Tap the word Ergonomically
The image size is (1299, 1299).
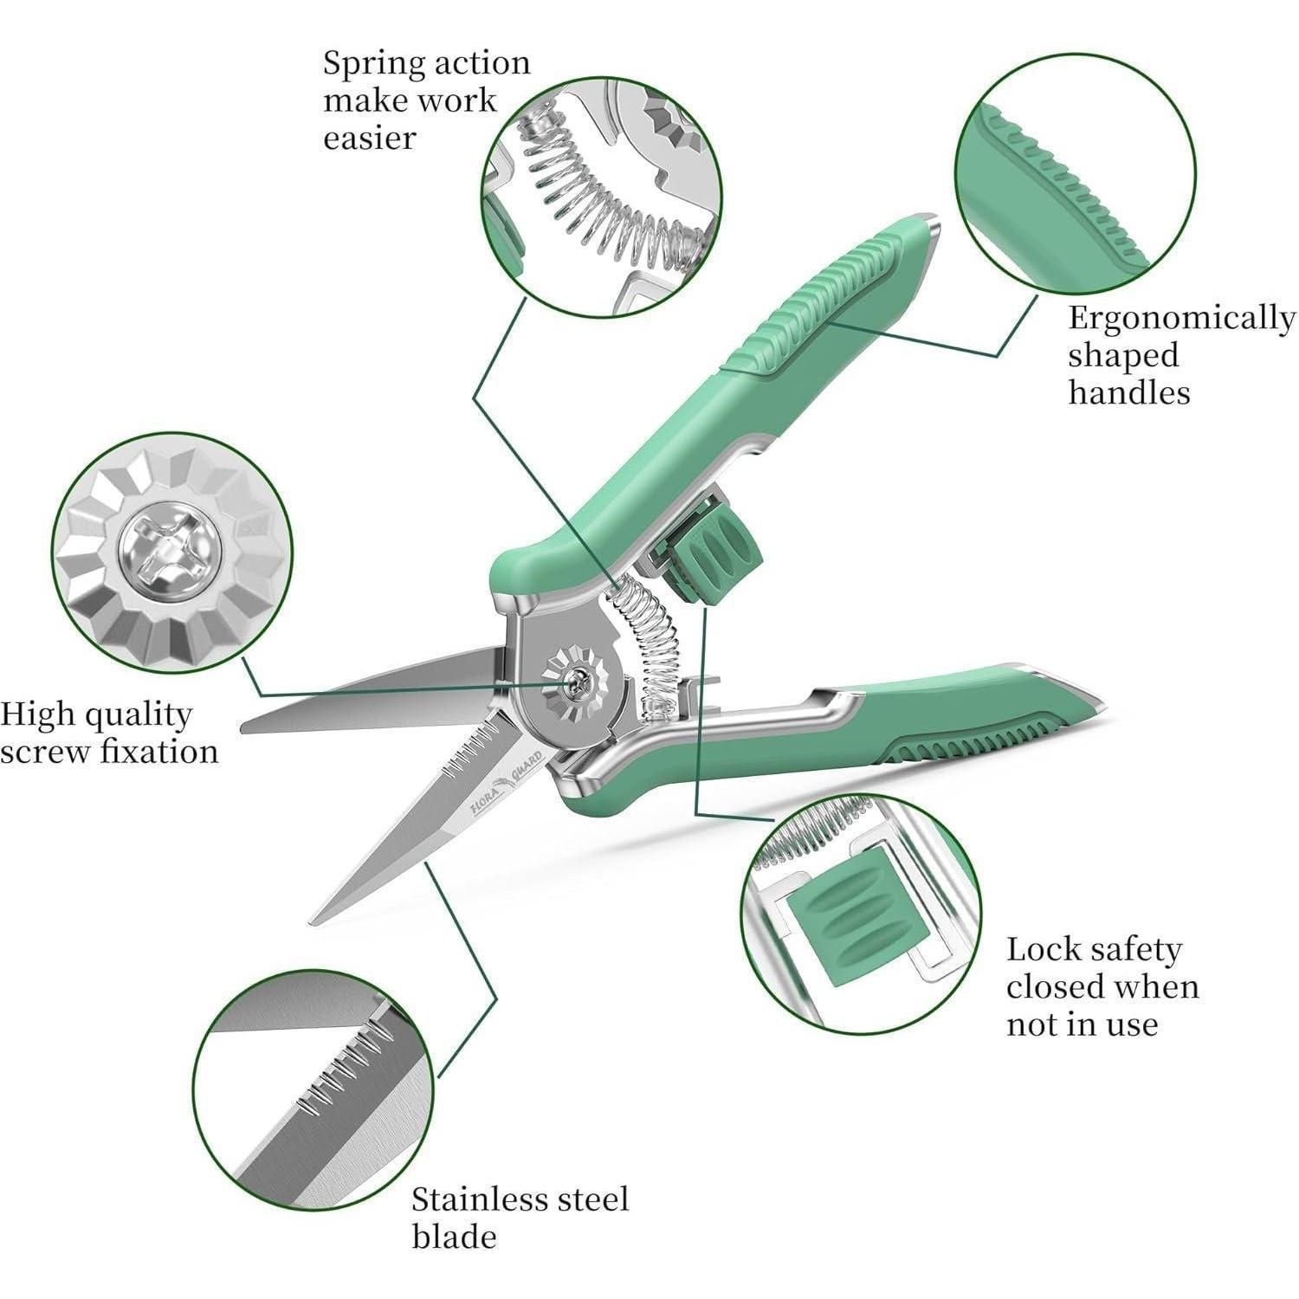[x=1181, y=319]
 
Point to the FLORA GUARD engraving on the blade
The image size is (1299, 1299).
[x=507, y=782]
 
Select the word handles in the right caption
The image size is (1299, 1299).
[x=1128, y=392]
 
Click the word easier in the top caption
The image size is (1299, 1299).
[x=370, y=138]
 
